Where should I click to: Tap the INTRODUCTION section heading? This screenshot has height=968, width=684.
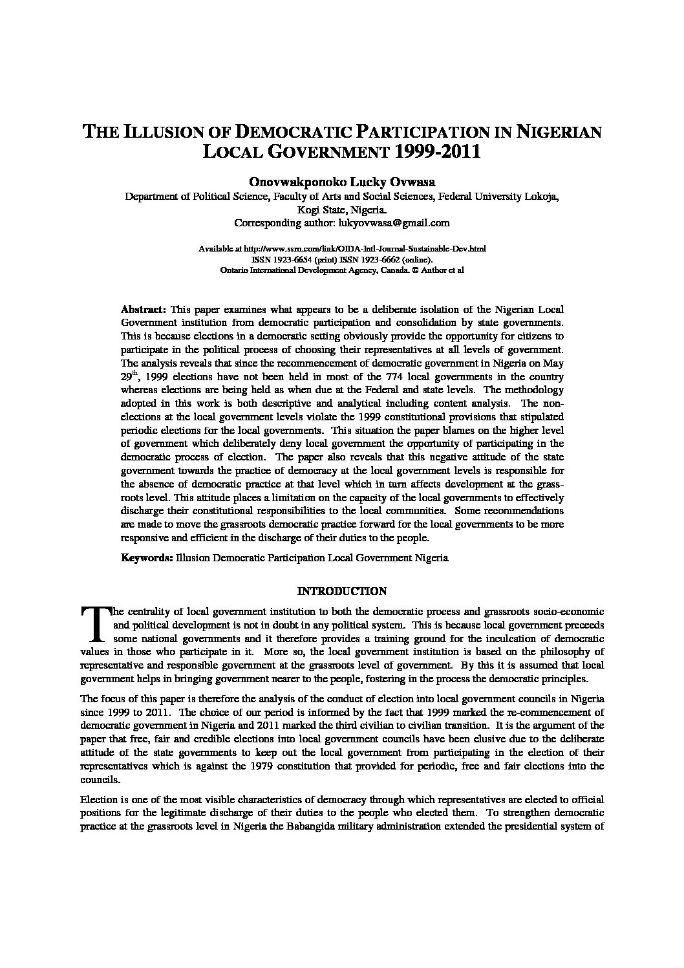click(341, 591)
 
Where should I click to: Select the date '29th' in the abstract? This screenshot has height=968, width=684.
click(130, 376)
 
